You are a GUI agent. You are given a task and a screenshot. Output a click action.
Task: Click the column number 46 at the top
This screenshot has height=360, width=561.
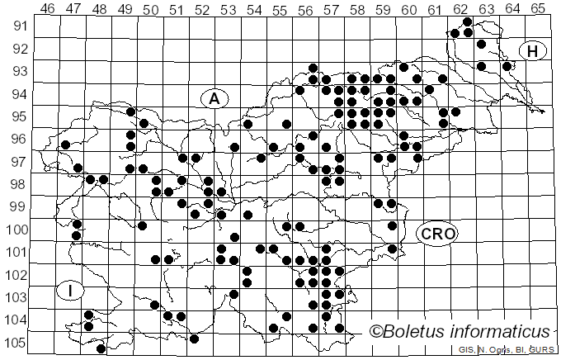tap(47, 8)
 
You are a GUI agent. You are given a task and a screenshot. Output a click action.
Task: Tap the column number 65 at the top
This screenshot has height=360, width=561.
tap(537, 8)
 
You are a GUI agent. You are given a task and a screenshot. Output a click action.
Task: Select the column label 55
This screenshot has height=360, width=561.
tap(279, 8)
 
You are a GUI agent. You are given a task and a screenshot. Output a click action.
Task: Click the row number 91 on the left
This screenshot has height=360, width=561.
tap(18, 26)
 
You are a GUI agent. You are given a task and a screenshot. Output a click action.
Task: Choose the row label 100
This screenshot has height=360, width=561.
tap(15, 230)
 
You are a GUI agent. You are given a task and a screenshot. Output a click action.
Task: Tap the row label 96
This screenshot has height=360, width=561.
tap(18, 139)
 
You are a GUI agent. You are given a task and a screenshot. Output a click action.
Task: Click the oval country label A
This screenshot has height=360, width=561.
tap(214, 98)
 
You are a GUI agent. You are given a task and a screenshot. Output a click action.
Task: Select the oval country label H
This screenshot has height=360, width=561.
tap(533, 51)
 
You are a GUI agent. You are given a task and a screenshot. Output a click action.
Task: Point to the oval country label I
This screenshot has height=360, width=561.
tap(72, 290)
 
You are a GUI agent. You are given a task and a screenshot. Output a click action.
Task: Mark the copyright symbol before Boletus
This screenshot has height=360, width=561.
tap(375, 333)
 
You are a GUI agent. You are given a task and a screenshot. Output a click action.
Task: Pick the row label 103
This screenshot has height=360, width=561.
tap(15, 297)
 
